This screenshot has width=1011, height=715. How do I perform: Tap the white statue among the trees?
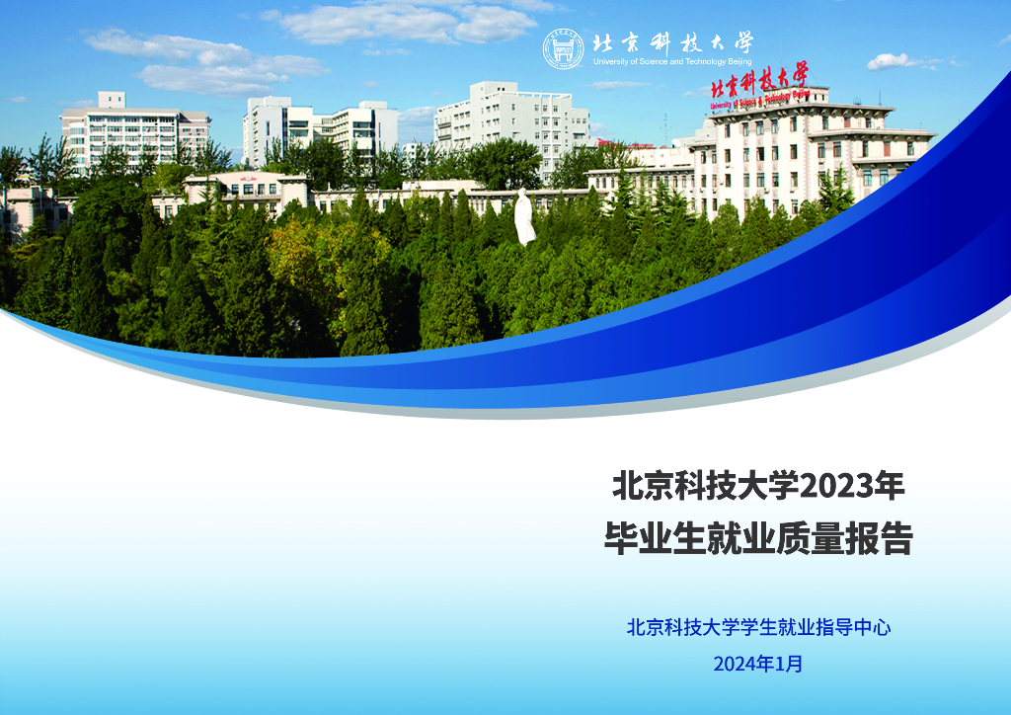(x=524, y=217)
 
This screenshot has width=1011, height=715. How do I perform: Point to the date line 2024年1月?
(x=758, y=664)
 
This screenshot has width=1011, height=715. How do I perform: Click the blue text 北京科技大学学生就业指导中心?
(x=758, y=627)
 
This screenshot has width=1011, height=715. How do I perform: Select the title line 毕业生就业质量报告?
(x=758, y=540)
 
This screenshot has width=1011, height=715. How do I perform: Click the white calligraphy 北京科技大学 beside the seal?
(x=672, y=42)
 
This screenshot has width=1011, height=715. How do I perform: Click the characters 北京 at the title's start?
(x=643, y=487)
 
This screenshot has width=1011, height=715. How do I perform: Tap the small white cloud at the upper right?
(x=894, y=61)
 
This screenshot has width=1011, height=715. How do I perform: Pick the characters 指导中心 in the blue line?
(x=855, y=627)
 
